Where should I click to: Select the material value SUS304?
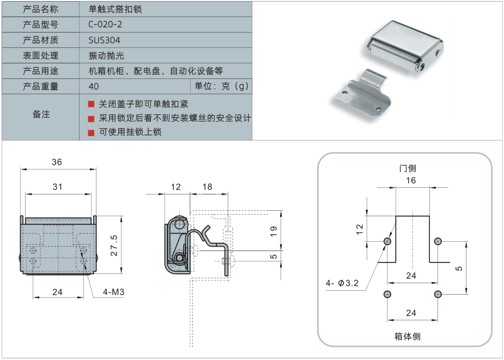click(104, 40)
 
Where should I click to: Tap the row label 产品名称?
click(40, 9)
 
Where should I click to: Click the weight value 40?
click(93, 87)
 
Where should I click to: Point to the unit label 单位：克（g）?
click(221, 87)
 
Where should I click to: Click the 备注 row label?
click(41, 114)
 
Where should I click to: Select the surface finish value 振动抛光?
click(107, 56)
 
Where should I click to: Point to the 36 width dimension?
click(57, 162)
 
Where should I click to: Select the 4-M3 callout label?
click(114, 292)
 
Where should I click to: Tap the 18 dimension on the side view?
click(207, 187)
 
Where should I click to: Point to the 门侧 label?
click(407, 168)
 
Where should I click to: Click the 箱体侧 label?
click(408, 336)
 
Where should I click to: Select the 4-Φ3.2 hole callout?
click(342, 283)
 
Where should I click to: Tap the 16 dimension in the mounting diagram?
click(411, 180)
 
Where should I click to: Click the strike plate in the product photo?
click(362, 94)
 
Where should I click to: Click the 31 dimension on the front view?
click(57, 187)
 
